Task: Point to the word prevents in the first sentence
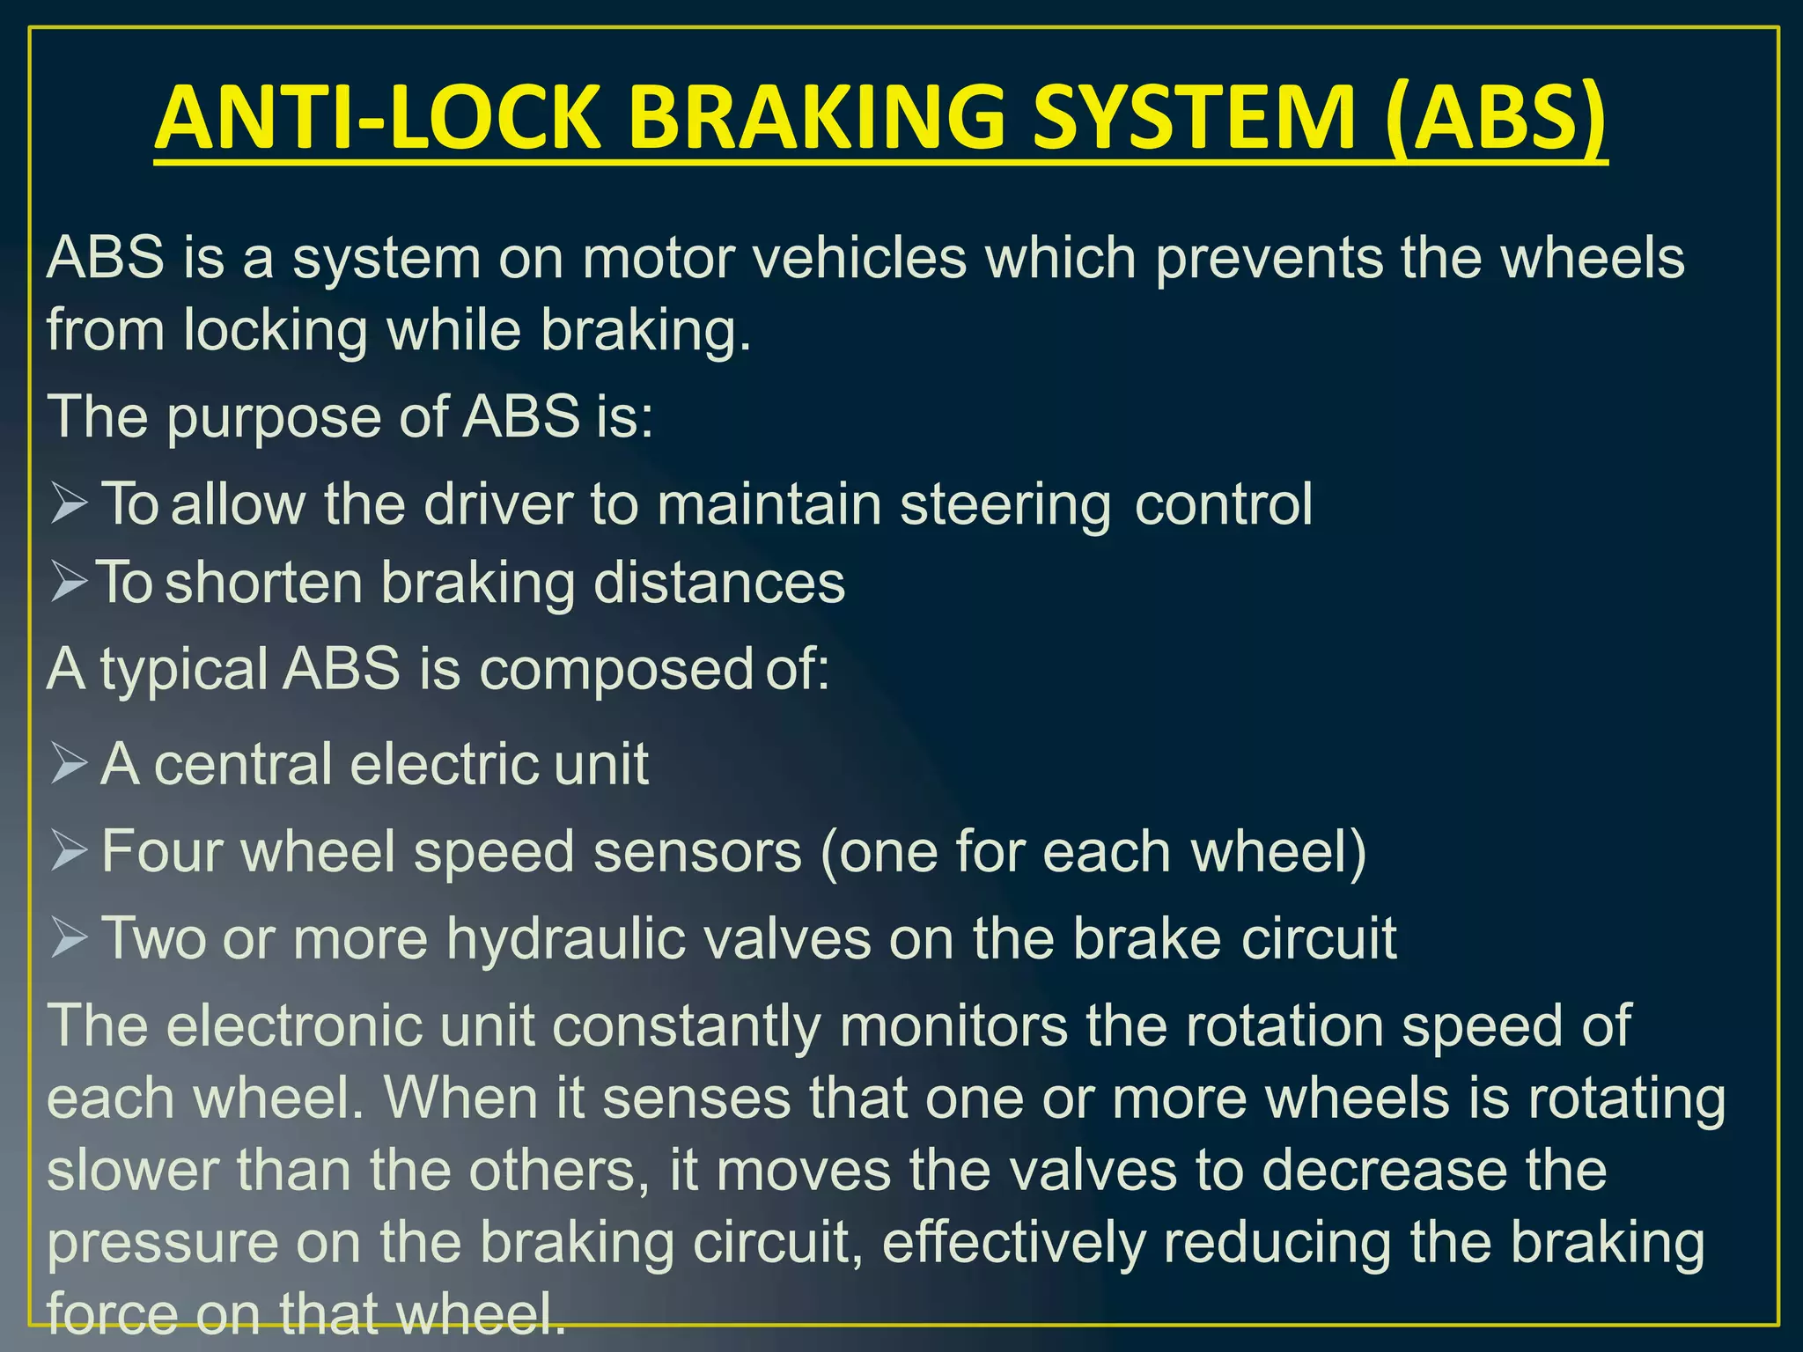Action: [x=1269, y=260]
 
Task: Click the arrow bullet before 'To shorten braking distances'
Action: [x=70, y=583]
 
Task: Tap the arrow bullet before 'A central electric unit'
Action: [x=70, y=762]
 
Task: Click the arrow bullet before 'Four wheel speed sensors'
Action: [x=70, y=851]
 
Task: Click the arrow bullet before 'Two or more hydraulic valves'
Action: [x=70, y=938]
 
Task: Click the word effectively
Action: [x=1013, y=1243]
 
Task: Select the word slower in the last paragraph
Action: [x=132, y=1171]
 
